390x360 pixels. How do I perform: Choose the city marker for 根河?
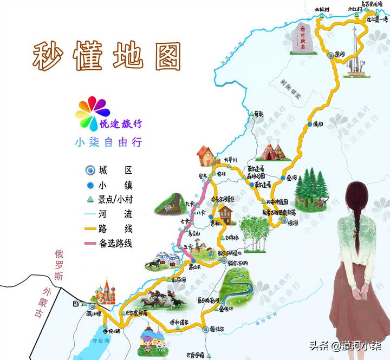click(283, 221)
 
